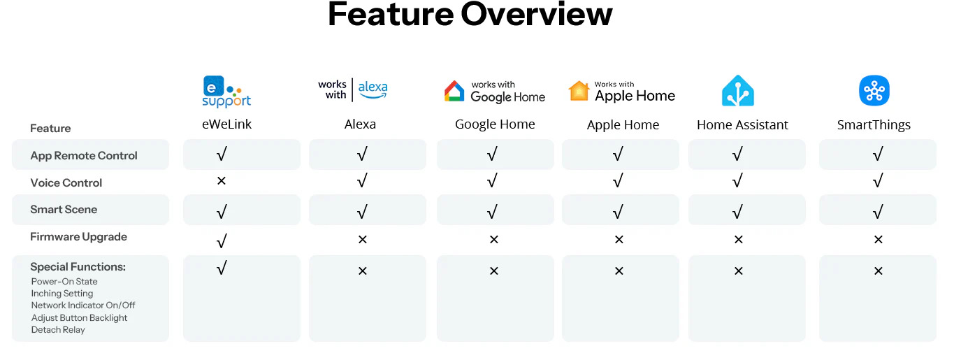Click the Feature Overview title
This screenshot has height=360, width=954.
[470, 15]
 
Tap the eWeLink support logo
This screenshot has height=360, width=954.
[226, 91]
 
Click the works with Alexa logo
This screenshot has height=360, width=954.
[353, 89]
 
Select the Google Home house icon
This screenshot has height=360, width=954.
[454, 91]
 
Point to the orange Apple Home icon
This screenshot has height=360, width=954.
[579, 91]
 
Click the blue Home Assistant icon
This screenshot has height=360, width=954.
[737, 90]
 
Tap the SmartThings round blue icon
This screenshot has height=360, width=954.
[874, 90]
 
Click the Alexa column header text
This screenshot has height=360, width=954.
[360, 124]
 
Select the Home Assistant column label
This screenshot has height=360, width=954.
[742, 125]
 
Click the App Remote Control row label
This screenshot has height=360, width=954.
[83, 155]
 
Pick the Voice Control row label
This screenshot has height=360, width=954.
[66, 182]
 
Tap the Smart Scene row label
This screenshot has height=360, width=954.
[64, 209]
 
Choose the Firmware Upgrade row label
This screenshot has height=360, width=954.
[78, 237]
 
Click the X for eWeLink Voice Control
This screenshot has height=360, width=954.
[221, 180]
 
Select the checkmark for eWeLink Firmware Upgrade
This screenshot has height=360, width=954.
[222, 240]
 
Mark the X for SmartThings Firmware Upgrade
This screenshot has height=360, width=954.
[879, 240]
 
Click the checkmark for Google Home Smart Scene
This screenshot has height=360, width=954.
[492, 211]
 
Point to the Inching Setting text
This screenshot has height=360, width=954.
[62, 294]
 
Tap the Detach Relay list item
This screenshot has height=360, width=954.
[58, 330]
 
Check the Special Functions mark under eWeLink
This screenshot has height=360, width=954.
[222, 268]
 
